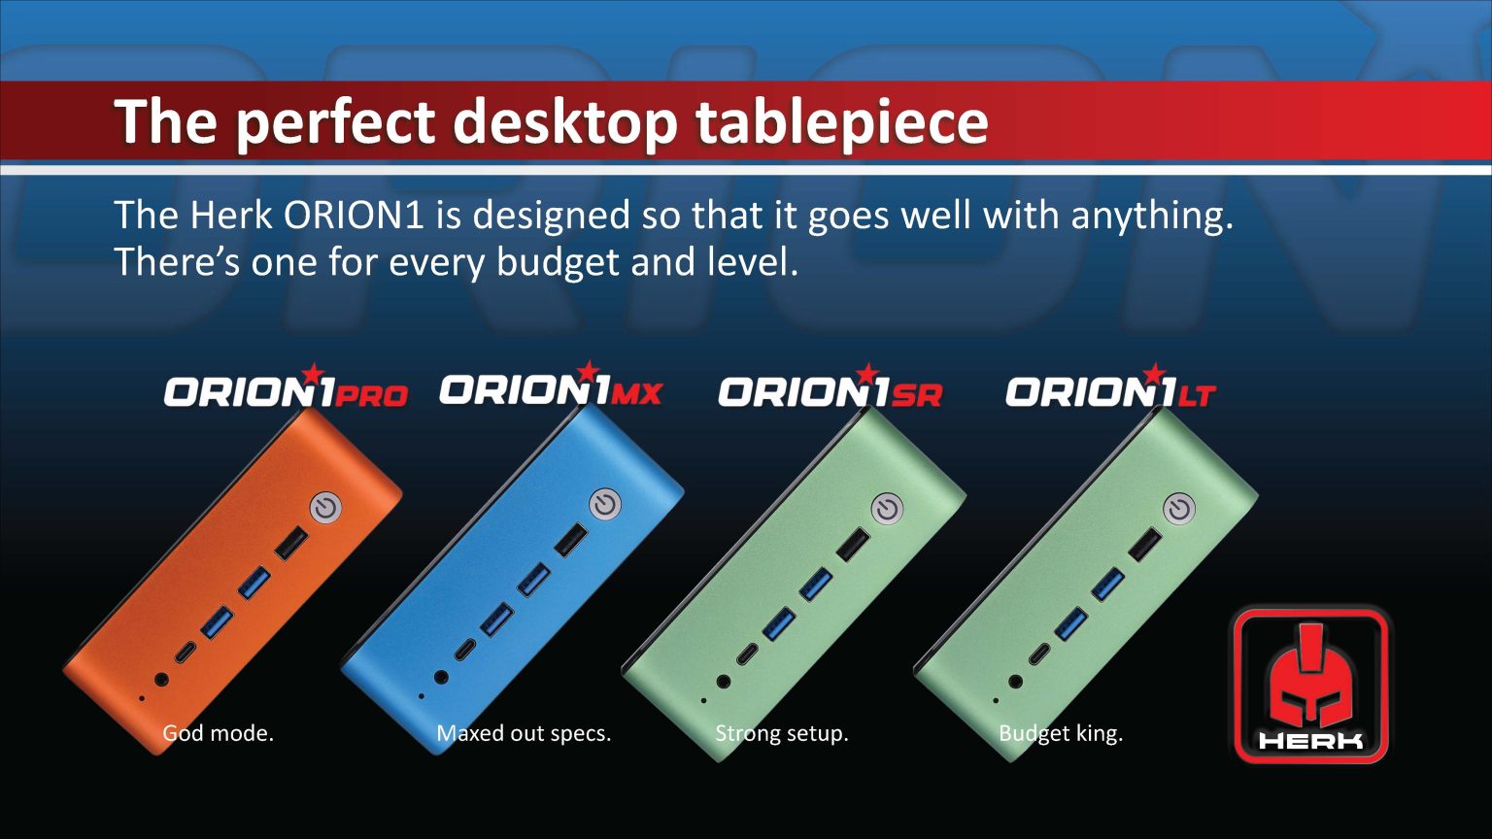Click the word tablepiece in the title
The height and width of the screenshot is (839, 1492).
coord(841,122)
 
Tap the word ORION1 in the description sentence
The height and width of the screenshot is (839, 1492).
coord(353,215)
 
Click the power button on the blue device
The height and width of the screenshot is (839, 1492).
coord(605,504)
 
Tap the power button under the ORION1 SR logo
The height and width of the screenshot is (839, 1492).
coord(887,510)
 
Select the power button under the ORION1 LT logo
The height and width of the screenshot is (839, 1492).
coord(1179,510)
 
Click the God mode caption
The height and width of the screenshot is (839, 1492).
coord(219,733)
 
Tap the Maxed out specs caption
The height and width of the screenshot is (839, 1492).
coord(524,733)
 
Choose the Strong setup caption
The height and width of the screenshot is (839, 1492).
coord(782,733)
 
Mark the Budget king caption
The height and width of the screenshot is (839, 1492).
coord(1061,733)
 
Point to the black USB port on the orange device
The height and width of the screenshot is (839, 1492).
coord(291,544)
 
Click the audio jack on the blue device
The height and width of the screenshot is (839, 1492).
coord(441,677)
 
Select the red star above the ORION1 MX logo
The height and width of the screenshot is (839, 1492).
coord(588,371)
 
